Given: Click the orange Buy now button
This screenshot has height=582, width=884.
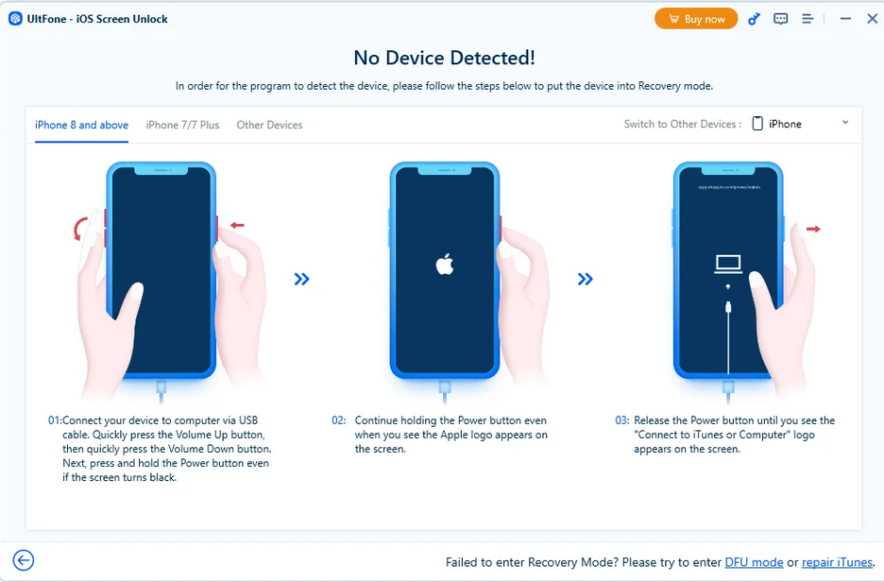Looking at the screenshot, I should click(x=696, y=19).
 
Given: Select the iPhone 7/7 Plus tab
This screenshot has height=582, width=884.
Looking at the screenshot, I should click(x=182, y=125).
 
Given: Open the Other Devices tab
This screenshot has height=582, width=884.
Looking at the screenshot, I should click(x=269, y=125).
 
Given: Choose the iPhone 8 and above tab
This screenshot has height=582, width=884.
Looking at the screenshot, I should click(x=82, y=125).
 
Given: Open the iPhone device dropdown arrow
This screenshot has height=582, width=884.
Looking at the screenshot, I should click(x=844, y=123).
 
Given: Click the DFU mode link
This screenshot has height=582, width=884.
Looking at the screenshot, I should click(x=754, y=562).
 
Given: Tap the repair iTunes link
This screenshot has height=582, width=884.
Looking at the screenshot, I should click(x=837, y=562).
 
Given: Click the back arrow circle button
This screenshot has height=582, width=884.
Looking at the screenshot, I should click(x=24, y=560).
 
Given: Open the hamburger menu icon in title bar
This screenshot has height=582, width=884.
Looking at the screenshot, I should click(x=807, y=19).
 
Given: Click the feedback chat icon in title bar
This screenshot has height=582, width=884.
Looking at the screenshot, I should click(x=781, y=19).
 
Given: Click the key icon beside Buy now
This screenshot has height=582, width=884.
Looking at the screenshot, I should click(x=754, y=19).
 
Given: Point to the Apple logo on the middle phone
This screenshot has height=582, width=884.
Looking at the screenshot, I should click(x=445, y=265).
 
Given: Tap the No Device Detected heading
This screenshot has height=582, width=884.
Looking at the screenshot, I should click(x=444, y=58).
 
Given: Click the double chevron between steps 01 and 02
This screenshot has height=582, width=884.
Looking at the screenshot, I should click(x=301, y=279).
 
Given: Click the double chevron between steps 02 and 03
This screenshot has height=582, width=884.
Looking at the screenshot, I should click(x=586, y=279).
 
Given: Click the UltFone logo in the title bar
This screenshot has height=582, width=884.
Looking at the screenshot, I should click(x=15, y=19).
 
